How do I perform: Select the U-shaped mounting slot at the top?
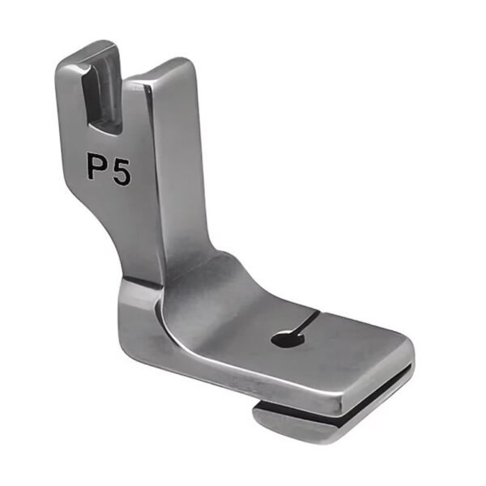(104, 101)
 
